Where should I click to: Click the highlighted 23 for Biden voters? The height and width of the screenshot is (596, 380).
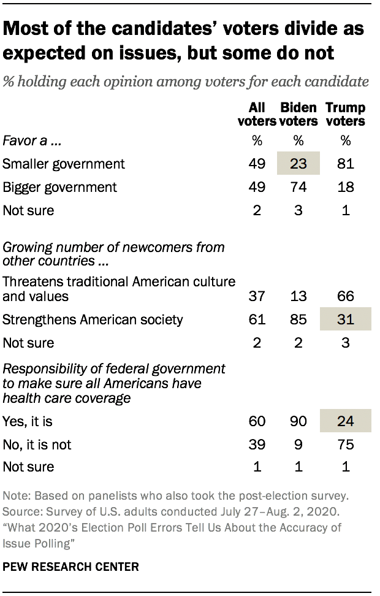click(x=298, y=164)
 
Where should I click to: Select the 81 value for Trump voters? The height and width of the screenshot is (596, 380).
click(x=346, y=164)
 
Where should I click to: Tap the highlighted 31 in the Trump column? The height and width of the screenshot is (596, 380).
click(x=346, y=319)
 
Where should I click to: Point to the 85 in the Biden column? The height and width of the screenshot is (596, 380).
click(x=298, y=319)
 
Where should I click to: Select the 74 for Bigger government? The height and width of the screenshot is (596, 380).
click(x=298, y=187)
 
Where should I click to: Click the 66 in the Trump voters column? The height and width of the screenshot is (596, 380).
click(x=346, y=296)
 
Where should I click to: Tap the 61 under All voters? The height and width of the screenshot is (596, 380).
click(x=257, y=319)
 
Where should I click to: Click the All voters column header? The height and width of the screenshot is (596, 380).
click(x=257, y=114)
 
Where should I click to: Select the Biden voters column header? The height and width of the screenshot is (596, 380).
click(x=298, y=114)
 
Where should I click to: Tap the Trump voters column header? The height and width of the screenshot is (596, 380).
click(x=346, y=114)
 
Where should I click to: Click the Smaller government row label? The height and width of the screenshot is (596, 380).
click(x=64, y=164)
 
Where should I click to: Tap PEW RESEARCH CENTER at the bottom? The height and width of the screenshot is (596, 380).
click(x=70, y=567)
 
